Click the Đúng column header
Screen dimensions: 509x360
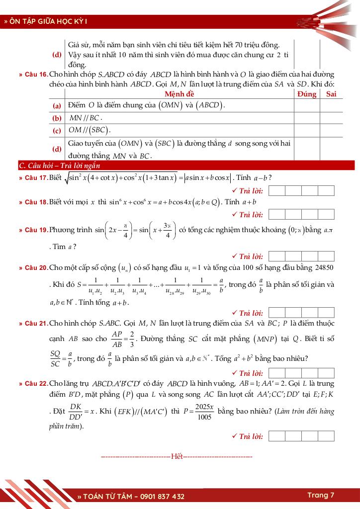coord(307,94)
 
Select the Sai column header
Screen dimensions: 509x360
coord(331,94)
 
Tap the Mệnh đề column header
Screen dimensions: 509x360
coord(179,94)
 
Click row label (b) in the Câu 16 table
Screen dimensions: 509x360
coord(57,118)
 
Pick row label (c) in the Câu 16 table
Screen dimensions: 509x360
coord(57,130)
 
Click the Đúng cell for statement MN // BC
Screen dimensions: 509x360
coord(307,118)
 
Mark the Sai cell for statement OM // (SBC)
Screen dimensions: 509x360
coord(331,130)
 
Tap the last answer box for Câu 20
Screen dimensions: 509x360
coord(326,313)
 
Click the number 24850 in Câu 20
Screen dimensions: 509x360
coord(324,268)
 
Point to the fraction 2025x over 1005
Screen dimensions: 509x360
coord(204,412)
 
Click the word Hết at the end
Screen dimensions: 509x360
coord(177,456)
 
